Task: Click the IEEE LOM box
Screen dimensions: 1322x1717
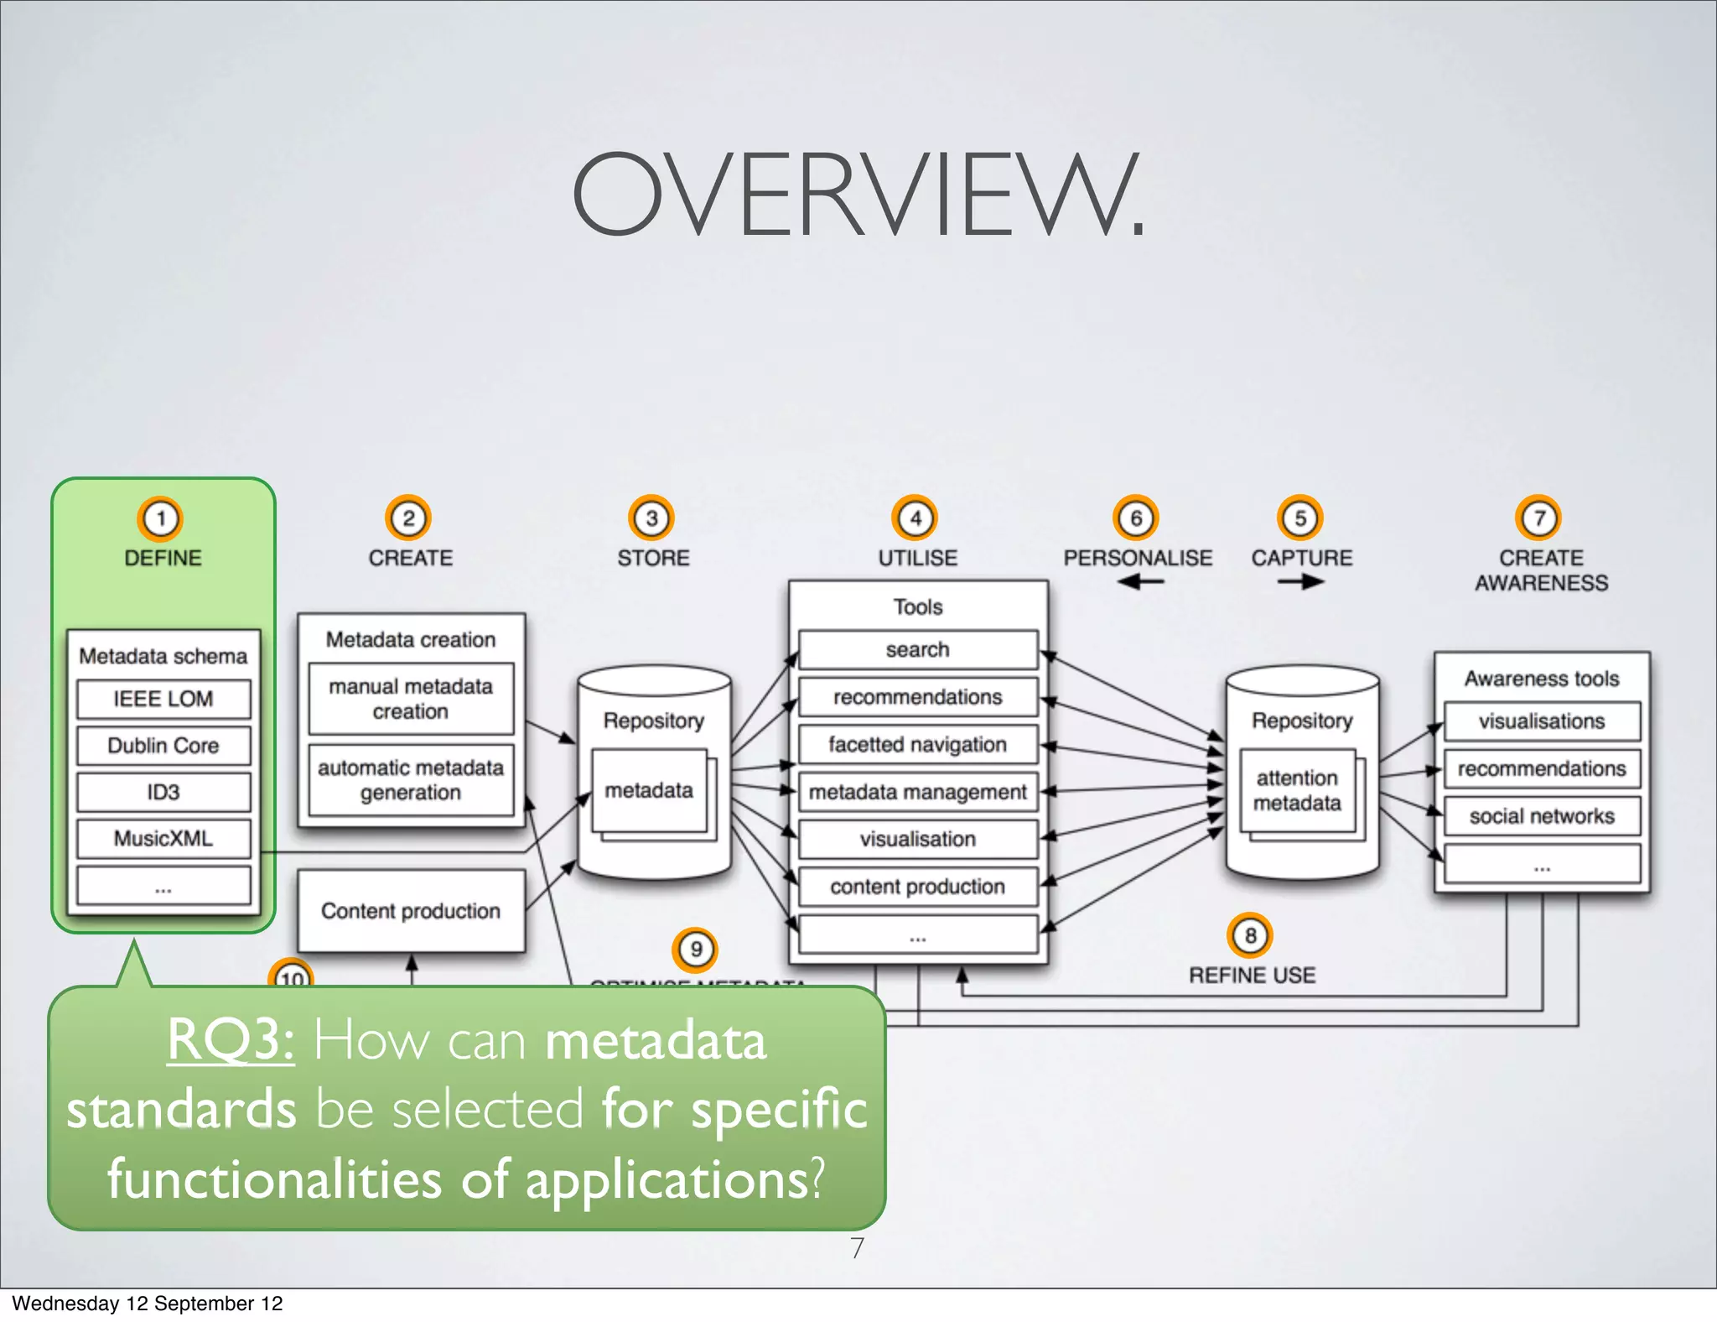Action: point(163,699)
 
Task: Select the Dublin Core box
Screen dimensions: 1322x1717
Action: point(163,746)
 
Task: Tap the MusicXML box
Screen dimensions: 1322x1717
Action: point(163,838)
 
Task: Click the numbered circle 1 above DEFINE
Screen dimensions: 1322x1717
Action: point(160,518)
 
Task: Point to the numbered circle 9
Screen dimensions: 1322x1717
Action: point(695,950)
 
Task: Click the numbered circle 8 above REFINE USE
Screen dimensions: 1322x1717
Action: point(1250,935)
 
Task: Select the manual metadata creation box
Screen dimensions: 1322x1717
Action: point(411,699)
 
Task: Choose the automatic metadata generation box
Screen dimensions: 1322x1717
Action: point(411,780)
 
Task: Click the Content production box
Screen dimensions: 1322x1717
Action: point(411,911)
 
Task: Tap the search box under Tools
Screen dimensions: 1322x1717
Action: point(918,650)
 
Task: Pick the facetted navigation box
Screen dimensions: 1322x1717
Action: point(918,745)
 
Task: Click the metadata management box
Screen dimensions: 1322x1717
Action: point(918,792)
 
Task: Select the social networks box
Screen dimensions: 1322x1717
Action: point(1541,816)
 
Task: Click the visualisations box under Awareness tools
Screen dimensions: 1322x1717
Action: point(1541,721)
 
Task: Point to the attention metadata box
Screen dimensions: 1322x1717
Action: point(1297,790)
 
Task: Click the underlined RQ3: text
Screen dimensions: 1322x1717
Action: point(231,1040)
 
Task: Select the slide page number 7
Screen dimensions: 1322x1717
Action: point(857,1248)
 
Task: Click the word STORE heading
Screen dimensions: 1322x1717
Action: point(653,558)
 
